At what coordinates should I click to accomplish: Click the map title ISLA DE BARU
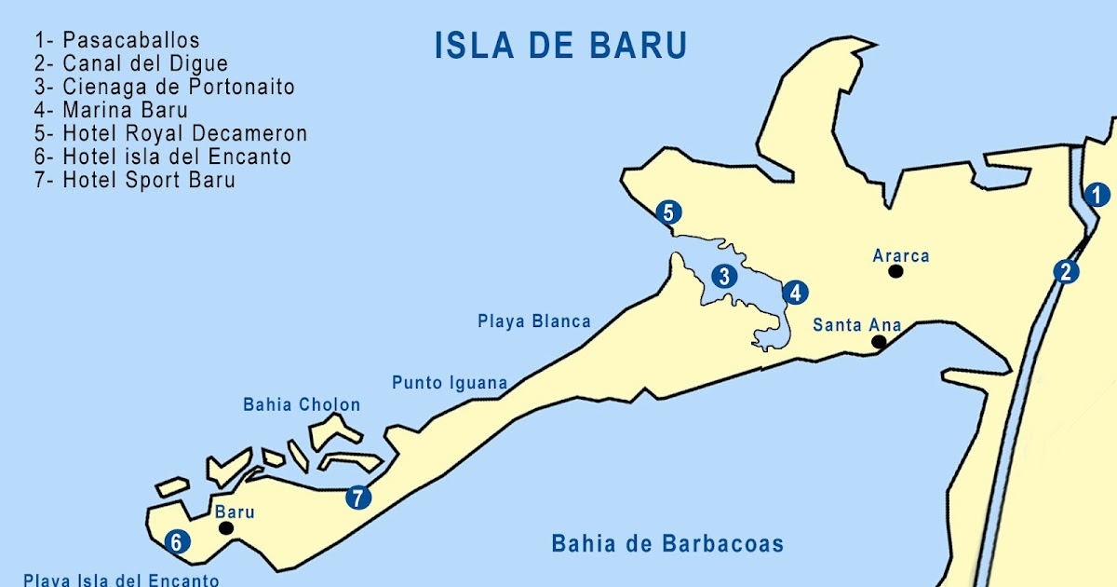pos(561,45)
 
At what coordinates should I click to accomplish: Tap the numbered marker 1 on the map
pos(1097,195)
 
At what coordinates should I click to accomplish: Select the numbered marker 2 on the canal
pos(1066,272)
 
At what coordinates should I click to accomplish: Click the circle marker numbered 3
pos(723,276)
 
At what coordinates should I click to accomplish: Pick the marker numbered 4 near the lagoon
pos(794,293)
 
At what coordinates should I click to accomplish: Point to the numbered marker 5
pos(667,212)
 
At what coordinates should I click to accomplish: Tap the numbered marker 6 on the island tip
pos(176,541)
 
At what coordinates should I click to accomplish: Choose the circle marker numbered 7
pos(357,498)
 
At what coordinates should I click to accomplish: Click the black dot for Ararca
pos(895,271)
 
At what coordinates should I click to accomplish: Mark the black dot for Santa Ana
pos(879,342)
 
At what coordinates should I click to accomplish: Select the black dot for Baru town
pos(225,527)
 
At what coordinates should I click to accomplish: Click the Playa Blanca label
pos(534,321)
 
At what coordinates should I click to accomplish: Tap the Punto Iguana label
pos(450,383)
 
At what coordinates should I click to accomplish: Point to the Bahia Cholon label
pos(302,405)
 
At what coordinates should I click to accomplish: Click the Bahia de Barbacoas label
pos(667,543)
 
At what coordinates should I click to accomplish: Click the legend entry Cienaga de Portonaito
pos(165,88)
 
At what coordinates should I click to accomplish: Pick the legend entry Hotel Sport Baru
pos(136,181)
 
